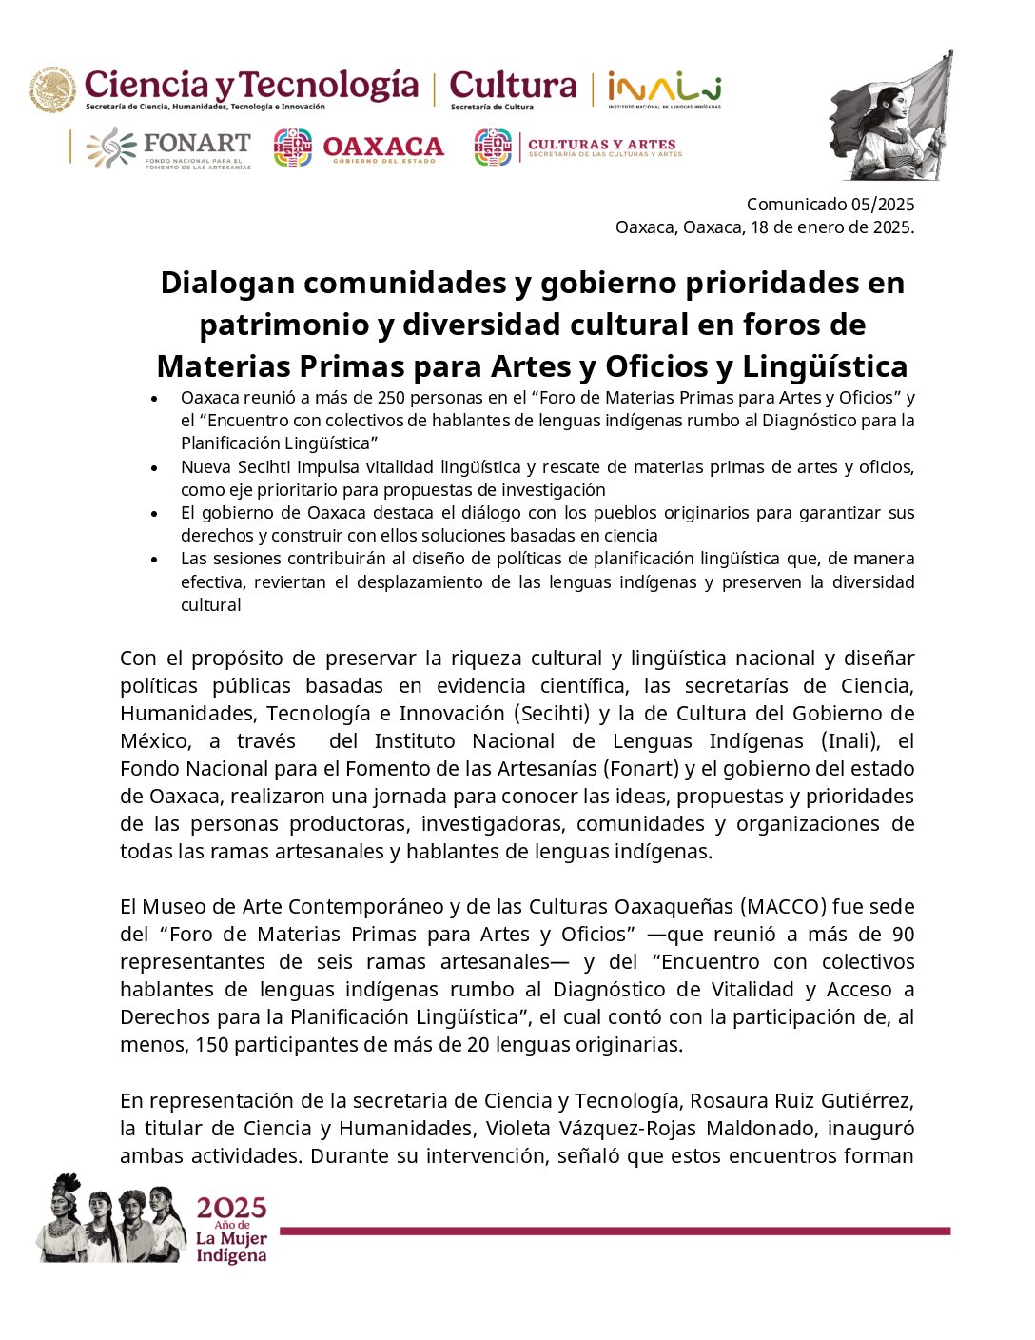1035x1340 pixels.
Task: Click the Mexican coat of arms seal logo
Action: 52,89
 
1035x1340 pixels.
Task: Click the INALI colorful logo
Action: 663,89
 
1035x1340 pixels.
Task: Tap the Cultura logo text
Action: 513,86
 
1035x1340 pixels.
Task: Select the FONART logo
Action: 169,148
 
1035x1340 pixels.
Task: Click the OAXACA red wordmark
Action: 382,148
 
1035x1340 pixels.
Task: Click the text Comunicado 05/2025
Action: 830,204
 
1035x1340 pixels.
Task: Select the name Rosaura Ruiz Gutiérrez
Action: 801,1101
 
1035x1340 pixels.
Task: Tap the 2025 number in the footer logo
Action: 231,1209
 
